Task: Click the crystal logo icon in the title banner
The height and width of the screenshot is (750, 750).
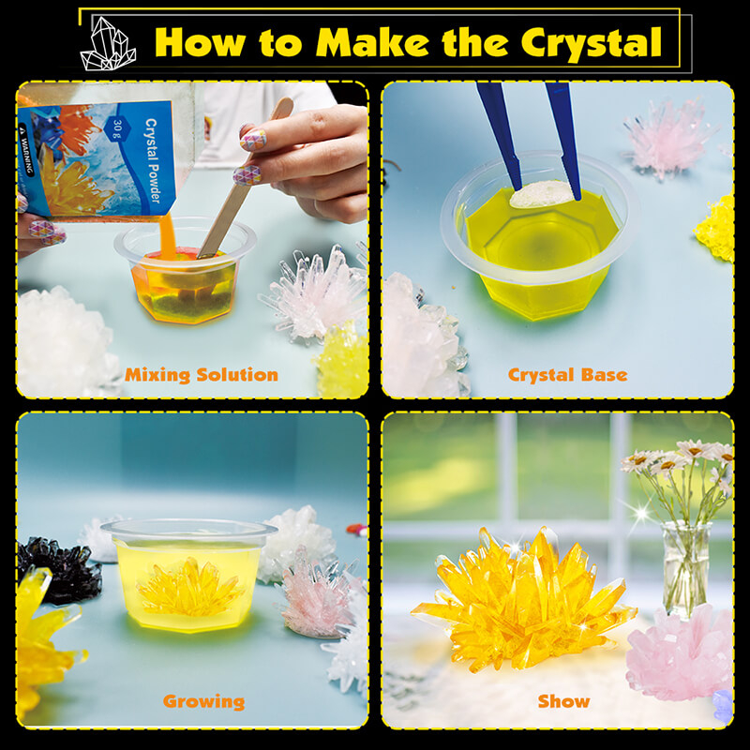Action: (x=108, y=42)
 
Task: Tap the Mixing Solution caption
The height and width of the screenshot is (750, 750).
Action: (x=202, y=375)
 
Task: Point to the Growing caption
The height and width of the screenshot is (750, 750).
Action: (x=203, y=700)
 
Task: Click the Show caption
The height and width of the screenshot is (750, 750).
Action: (x=564, y=700)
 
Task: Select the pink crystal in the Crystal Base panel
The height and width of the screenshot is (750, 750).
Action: (x=666, y=141)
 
